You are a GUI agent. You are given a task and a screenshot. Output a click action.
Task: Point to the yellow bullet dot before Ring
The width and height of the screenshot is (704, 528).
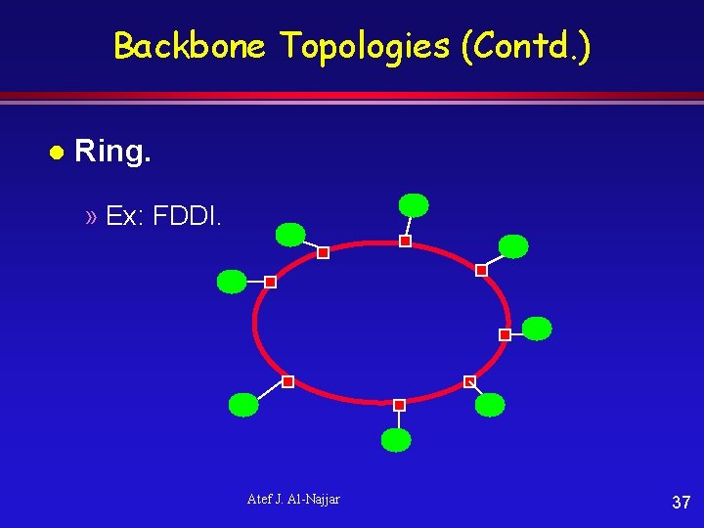click(x=57, y=154)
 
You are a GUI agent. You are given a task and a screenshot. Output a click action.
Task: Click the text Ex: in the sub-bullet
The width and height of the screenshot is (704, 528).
click(x=124, y=215)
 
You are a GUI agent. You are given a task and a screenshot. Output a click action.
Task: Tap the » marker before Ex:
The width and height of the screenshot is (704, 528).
click(x=91, y=216)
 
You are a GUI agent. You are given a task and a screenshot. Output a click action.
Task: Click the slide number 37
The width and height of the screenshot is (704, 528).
click(x=682, y=503)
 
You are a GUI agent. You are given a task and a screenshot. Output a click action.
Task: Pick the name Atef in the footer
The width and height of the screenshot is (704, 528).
click(x=260, y=500)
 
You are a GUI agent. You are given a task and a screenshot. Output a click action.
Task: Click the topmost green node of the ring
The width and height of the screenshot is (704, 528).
click(x=414, y=204)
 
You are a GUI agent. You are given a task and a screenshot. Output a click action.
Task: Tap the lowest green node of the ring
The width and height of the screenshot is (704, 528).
click(x=396, y=440)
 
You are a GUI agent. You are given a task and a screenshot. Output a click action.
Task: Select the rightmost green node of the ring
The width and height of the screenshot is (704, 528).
click(x=537, y=329)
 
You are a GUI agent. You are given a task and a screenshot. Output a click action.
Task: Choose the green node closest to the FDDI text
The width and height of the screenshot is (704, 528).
click(x=290, y=234)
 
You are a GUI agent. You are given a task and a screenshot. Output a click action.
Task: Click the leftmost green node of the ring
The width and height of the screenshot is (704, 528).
click(x=232, y=282)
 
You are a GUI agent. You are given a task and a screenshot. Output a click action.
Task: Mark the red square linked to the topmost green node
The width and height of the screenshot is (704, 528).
click(x=405, y=241)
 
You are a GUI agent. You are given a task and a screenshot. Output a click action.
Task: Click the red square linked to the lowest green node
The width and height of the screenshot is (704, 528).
click(x=399, y=405)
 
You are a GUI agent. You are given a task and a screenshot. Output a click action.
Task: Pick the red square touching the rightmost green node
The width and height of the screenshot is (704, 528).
click(x=505, y=334)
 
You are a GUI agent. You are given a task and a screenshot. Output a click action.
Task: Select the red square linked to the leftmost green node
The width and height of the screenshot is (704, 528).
click(x=271, y=282)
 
